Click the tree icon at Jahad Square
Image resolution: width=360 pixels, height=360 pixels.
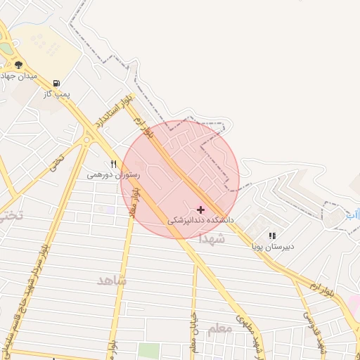tap(18, 65)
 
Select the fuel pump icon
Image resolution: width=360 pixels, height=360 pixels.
tap(56, 83)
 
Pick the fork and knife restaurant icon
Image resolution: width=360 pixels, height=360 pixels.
tap(113, 164)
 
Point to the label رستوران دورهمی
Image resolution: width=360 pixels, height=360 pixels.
tap(113, 174)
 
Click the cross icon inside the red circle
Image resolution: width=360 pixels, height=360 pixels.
tap(201, 210)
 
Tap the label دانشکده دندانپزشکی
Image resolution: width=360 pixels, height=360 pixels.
tap(200, 220)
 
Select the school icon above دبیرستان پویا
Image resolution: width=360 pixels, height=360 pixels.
tap(272, 236)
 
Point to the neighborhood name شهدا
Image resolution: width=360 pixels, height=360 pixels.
tap(212, 239)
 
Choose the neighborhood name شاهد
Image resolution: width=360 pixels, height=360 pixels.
tap(111, 281)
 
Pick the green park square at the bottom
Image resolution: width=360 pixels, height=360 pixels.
tap(148, 351)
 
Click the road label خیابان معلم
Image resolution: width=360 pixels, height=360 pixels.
tap(193, 336)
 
